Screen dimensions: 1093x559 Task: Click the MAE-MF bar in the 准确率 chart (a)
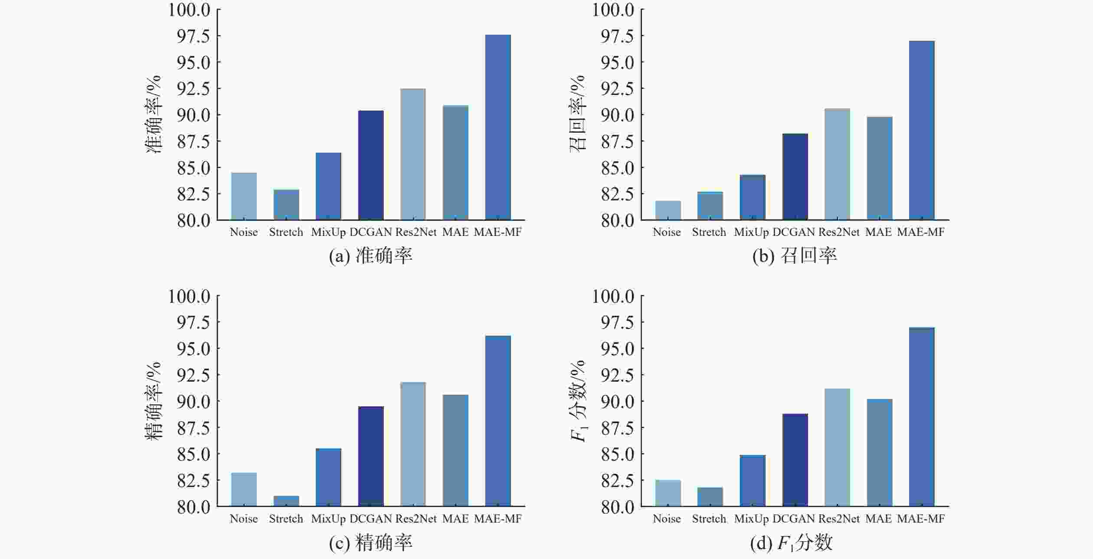tap(498, 127)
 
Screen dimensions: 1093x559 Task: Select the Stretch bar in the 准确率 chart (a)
tap(286, 205)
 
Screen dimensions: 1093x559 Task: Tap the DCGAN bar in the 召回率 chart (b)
tap(795, 177)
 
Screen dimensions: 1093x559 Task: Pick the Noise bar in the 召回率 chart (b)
tap(668, 211)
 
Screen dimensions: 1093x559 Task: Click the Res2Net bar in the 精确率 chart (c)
tap(413, 444)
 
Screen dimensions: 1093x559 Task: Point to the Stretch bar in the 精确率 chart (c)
tap(286, 501)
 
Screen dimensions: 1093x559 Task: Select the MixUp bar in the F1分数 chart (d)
tap(753, 481)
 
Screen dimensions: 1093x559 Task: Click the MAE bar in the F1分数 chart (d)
tap(880, 453)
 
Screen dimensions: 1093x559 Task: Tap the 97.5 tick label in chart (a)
tap(193, 36)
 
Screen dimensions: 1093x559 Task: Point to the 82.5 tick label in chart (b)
tap(618, 195)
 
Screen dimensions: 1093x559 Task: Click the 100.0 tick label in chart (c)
tap(190, 297)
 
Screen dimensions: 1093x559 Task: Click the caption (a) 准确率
tap(371, 256)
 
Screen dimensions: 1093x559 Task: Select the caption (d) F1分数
tap(792, 543)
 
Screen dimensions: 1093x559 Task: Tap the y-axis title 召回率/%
tap(577, 114)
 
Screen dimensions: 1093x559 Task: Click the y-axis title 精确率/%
tap(153, 401)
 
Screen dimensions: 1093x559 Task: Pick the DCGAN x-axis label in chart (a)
tap(371, 232)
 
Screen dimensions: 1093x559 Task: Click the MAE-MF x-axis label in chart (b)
tap(921, 232)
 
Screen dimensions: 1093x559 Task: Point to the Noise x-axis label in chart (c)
tap(244, 519)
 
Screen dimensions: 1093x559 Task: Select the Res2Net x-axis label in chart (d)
tap(839, 519)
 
